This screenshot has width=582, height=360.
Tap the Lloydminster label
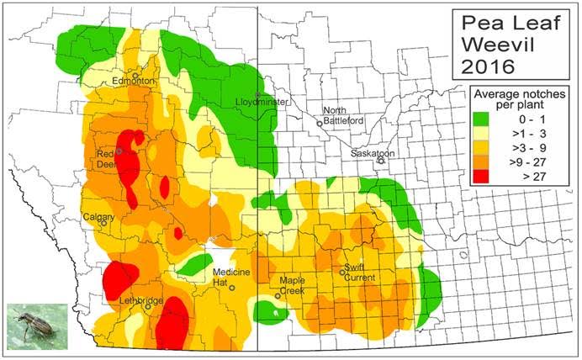(x=262, y=103)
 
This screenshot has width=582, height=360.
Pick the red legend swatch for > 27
(x=482, y=177)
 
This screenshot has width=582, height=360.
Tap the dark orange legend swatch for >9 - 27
(x=482, y=163)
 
